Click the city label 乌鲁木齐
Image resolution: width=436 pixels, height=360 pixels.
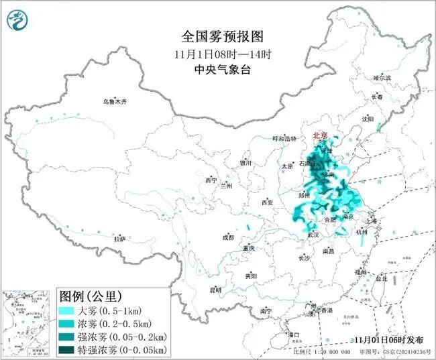click(115, 102)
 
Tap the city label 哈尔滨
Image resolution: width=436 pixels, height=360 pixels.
click(382, 78)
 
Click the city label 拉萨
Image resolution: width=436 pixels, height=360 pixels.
click(119, 239)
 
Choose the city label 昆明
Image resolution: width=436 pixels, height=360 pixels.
click(215, 290)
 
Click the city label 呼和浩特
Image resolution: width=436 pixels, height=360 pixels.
click(284, 139)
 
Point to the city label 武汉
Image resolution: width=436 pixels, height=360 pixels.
click(313, 235)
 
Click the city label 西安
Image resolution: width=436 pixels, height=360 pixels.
click(268, 202)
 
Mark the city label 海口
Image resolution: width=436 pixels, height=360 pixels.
click(292, 334)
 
